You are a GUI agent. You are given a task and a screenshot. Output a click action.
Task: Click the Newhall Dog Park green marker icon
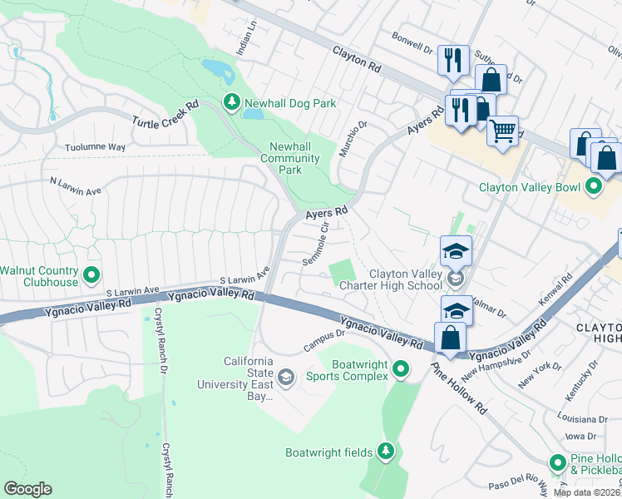pyautogui.click(x=232, y=103)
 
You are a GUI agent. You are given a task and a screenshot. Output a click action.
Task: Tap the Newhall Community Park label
pyautogui.click(x=290, y=158)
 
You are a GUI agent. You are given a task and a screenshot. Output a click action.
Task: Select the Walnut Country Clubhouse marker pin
pyautogui.click(x=92, y=273)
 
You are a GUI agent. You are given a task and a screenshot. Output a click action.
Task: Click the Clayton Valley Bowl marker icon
pyautogui.click(x=593, y=187)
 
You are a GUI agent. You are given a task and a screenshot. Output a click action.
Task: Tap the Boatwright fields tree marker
pyautogui.click(x=385, y=452)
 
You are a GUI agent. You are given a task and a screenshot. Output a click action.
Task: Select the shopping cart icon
pyautogui.click(x=502, y=130)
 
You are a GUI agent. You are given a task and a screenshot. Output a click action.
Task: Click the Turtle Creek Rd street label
pyautogui.click(x=166, y=115)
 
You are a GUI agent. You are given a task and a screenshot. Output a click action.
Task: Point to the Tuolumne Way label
pyautogui.click(x=95, y=147)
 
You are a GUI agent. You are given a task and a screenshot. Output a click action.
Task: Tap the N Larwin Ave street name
pyautogui.click(x=75, y=185)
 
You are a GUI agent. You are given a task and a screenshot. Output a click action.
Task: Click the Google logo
pyautogui.click(x=28, y=489)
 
